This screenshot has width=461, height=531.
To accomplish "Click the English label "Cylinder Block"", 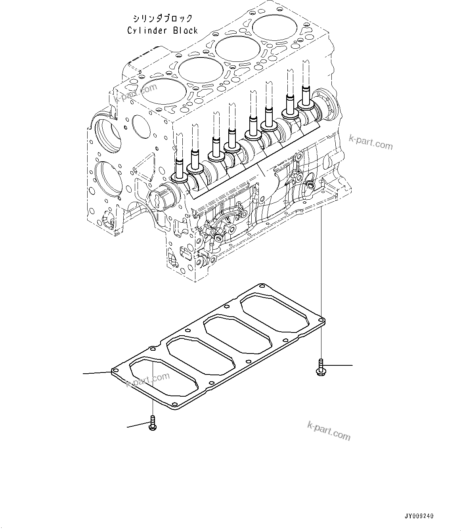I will point(162,31).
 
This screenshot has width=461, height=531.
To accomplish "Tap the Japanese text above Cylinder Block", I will point(163,19).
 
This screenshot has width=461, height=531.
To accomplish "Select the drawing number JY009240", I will point(419,516).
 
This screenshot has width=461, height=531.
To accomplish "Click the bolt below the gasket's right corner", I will point(319,367).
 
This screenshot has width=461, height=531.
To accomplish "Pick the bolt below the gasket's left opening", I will point(153,424).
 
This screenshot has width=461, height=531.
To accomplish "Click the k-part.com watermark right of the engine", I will point(371,142).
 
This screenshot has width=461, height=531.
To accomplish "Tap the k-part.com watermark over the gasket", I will point(147,379).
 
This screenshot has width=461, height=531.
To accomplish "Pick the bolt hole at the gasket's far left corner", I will point(115,371).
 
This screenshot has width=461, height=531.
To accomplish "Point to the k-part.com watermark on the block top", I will point(136,93).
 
